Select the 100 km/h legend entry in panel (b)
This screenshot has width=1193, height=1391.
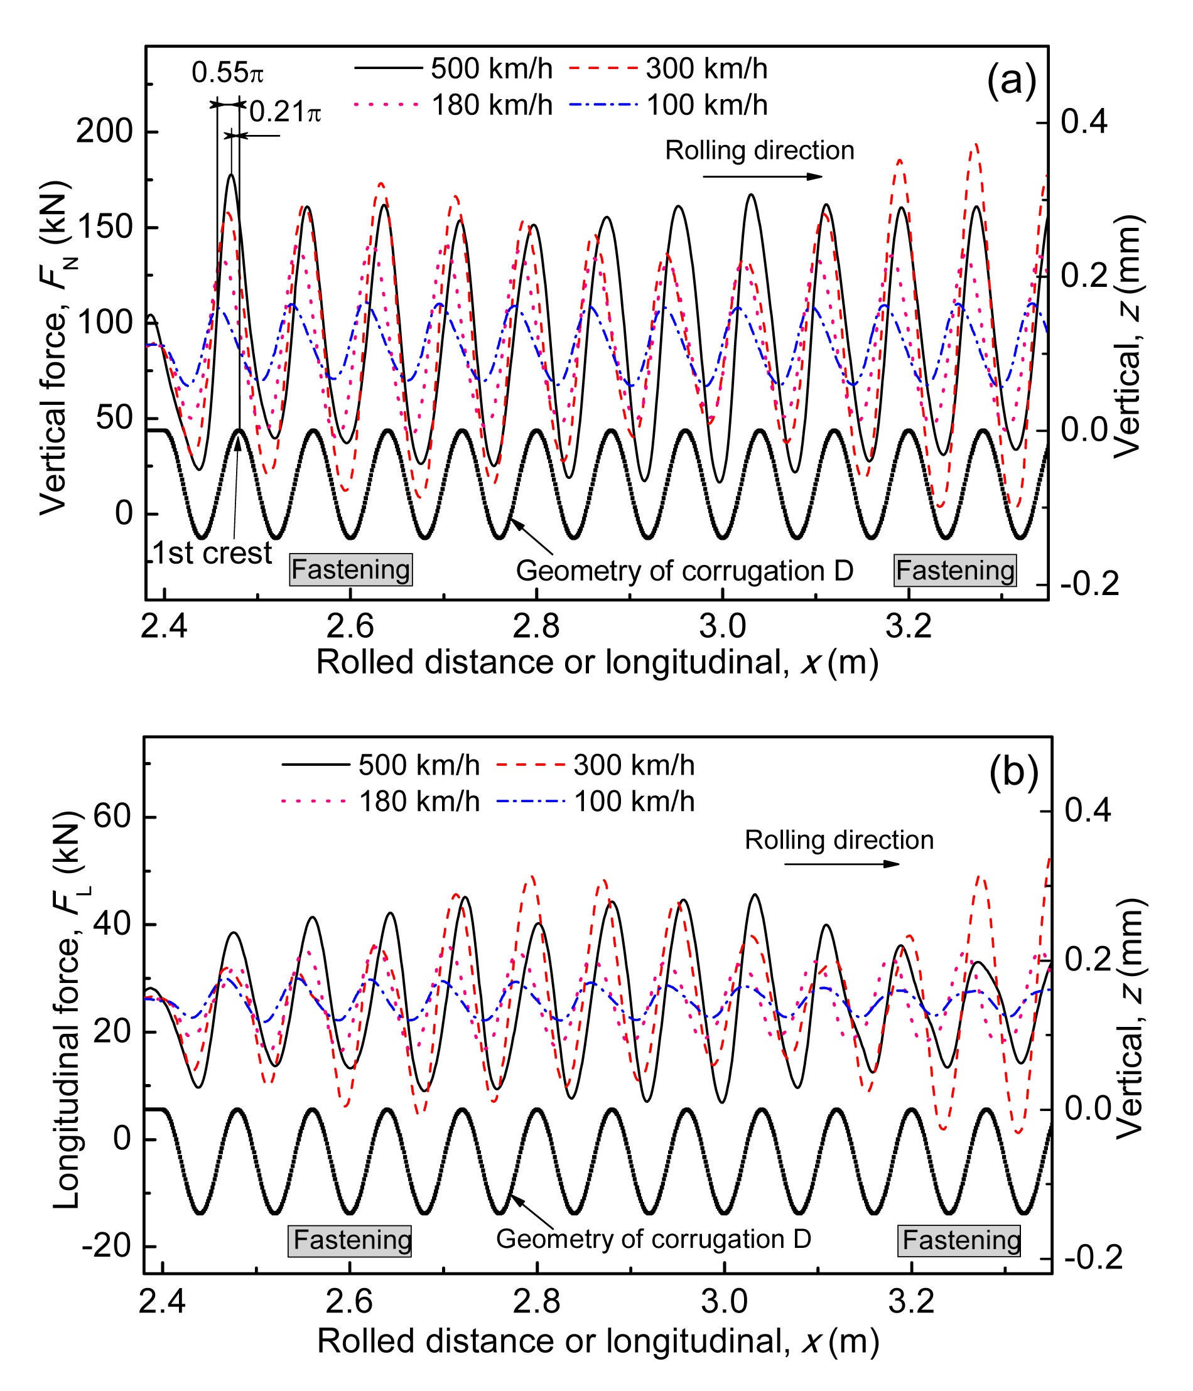595,802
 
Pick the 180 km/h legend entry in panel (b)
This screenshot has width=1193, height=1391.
381,802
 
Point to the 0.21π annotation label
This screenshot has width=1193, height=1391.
285,112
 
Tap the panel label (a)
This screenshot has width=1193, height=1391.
1011,82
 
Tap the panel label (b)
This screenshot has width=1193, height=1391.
1014,772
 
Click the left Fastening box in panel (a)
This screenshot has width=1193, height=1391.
350,570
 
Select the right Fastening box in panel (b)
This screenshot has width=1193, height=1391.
961,1240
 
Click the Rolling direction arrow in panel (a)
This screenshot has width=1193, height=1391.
762,176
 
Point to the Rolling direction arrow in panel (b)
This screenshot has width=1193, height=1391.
841,863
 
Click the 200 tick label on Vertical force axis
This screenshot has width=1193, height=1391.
105,132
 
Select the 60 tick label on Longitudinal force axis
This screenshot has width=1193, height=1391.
111,817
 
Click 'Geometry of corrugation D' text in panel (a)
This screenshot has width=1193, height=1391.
684,571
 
